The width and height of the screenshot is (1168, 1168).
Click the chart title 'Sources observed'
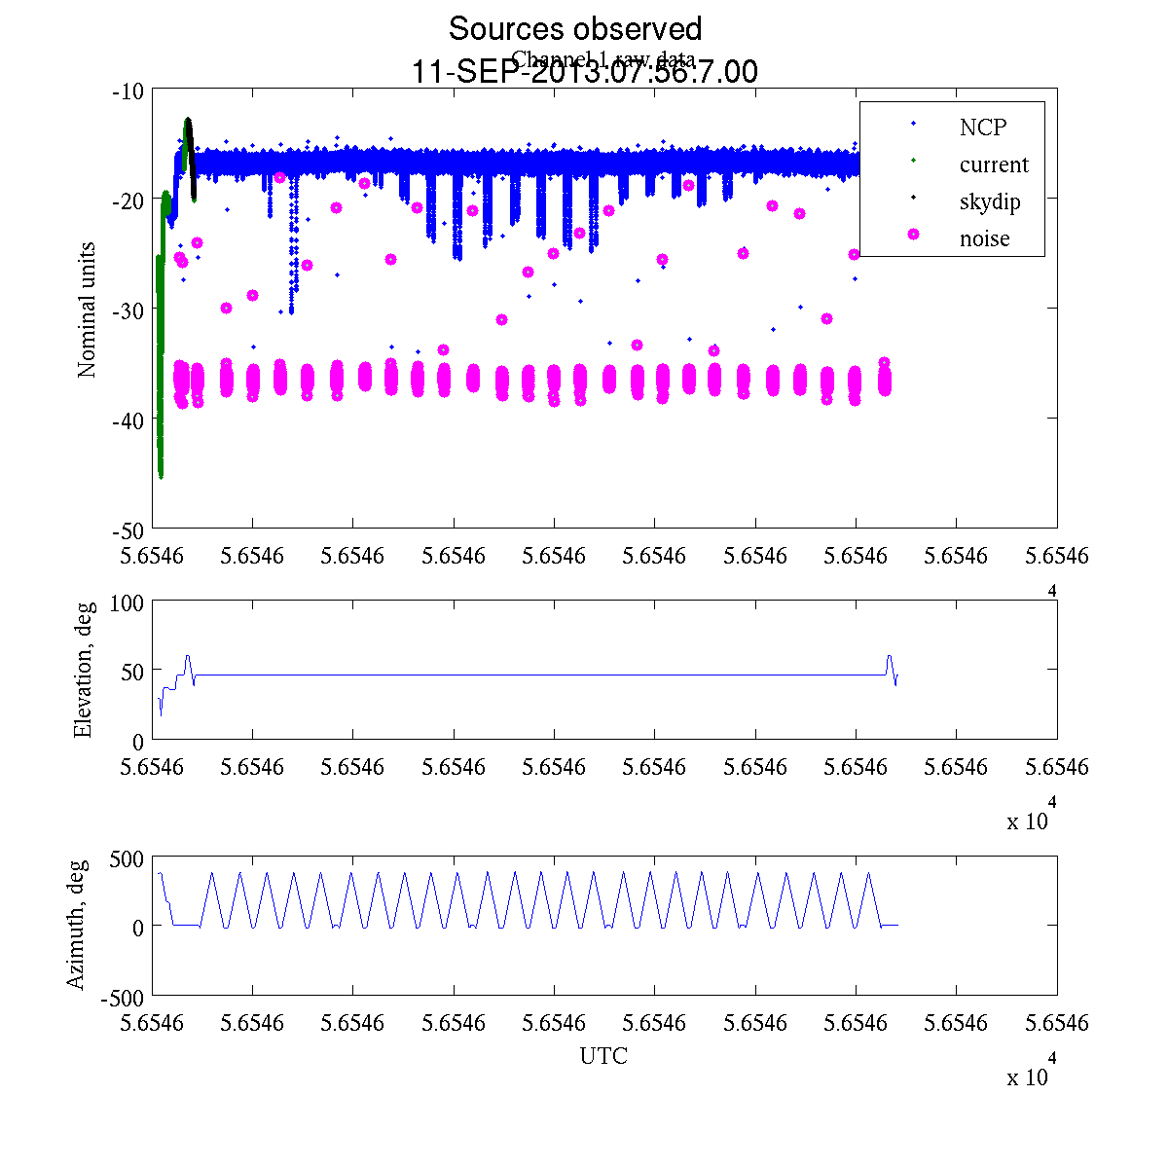[x=574, y=28]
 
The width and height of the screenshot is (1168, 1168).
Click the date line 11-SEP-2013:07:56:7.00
[x=585, y=72]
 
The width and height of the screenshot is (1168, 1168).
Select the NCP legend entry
[x=982, y=127]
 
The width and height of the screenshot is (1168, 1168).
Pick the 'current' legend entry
[x=993, y=164]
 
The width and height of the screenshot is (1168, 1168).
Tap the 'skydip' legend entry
[x=989, y=201]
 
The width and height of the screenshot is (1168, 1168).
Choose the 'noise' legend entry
[x=984, y=238]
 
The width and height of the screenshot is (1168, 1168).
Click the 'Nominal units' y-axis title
[x=87, y=310]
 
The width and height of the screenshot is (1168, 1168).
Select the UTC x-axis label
[x=603, y=1056]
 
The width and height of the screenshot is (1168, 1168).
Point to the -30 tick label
[x=128, y=309]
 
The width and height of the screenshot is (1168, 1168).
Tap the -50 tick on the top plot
[x=128, y=529]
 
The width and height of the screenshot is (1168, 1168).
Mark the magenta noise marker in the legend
[x=913, y=235]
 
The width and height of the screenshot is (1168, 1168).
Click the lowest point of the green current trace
[x=161, y=476]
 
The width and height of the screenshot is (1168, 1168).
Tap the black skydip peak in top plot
[x=188, y=120]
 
